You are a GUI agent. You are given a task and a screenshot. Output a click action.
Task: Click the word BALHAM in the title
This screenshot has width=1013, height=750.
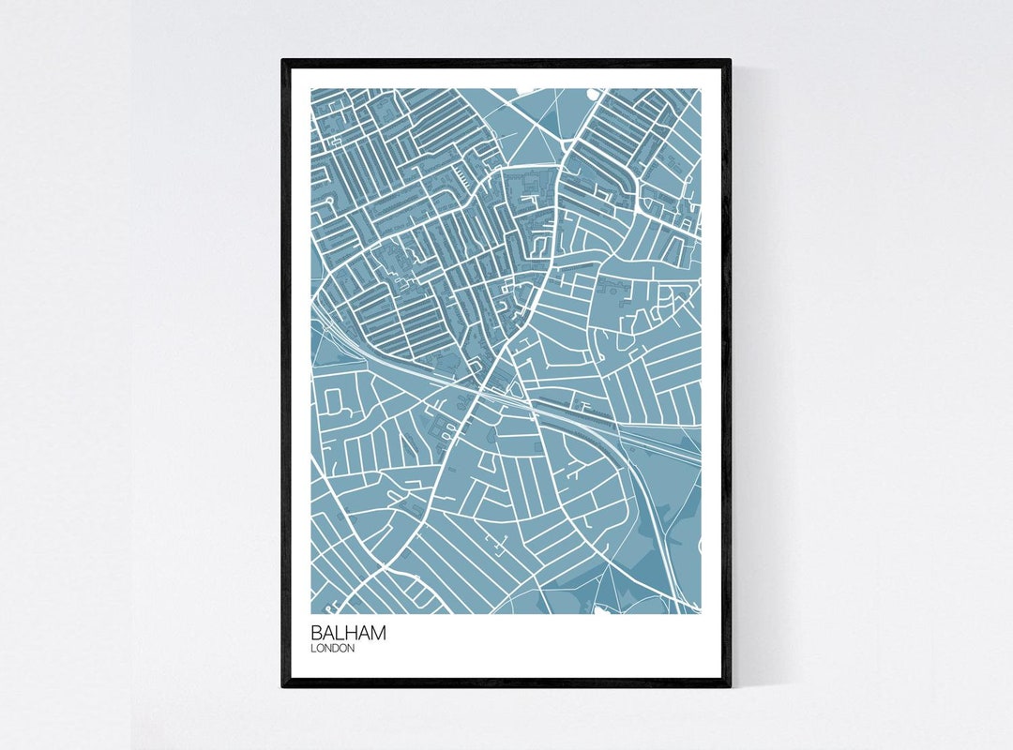click(348, 633)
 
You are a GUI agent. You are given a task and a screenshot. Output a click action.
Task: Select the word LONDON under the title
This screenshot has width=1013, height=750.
click(333, 649)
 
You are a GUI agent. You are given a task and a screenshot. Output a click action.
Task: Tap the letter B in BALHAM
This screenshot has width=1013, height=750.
click(317, 633)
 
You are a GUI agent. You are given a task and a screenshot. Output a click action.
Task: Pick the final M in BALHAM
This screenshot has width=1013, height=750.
click(377, 633)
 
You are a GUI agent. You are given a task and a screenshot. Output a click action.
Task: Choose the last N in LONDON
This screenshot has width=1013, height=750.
click(351, 649)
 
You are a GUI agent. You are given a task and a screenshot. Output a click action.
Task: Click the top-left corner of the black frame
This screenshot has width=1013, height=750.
click(283, 61)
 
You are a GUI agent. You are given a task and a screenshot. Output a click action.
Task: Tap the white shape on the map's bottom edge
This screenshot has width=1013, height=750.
click(600, 610)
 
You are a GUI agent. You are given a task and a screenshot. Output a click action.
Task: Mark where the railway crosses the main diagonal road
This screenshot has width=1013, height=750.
click(489, 383)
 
